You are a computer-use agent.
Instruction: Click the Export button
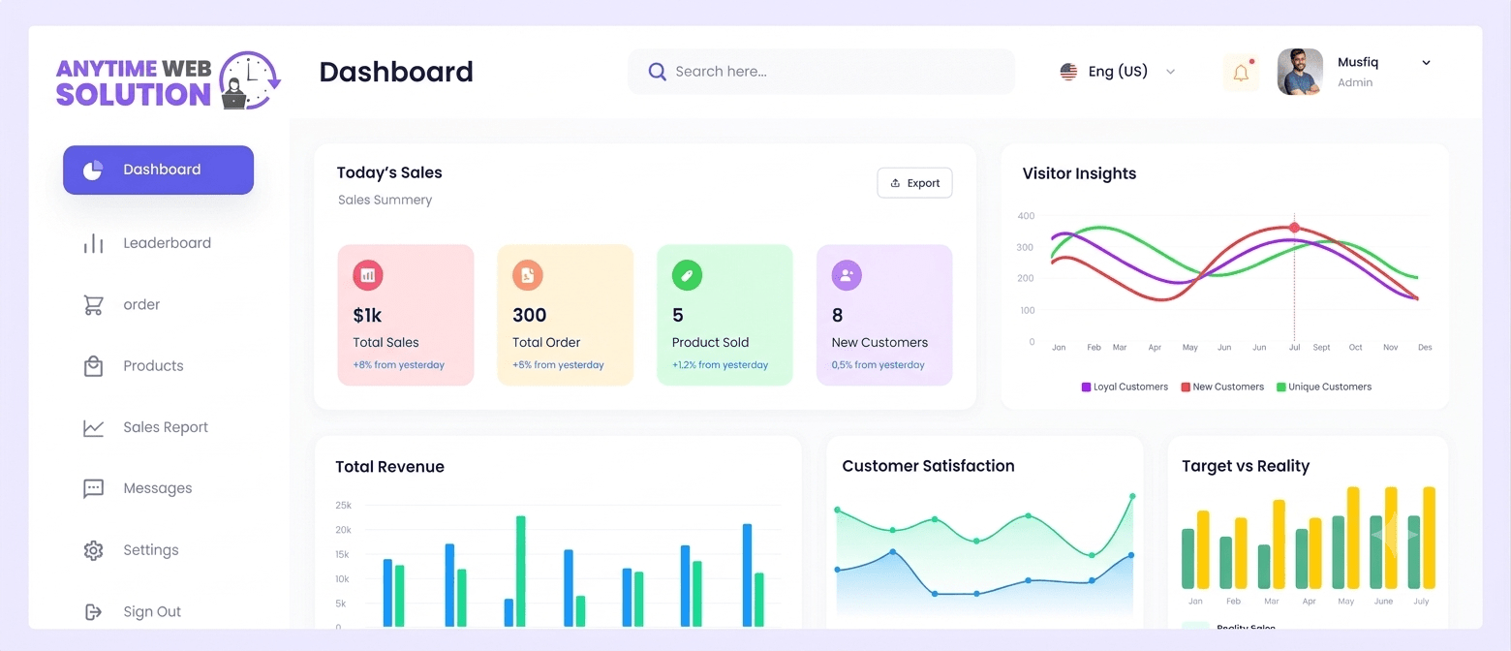914,183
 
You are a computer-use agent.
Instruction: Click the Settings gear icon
93,550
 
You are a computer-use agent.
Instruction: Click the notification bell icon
1241,73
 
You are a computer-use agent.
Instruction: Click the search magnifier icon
657,72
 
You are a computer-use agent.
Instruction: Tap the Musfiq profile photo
1300,72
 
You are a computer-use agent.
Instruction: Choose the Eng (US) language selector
1117,72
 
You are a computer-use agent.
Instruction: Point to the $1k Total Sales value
367,315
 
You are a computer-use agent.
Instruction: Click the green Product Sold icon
687,275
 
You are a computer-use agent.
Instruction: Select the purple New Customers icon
847,275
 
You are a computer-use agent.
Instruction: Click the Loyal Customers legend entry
1125,387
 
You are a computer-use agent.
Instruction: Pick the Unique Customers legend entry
1323,387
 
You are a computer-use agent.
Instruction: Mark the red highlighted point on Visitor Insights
1294,228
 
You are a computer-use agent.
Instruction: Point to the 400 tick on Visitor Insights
1026,216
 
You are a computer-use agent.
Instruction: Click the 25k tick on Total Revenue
343,506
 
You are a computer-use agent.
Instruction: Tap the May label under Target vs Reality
1345,601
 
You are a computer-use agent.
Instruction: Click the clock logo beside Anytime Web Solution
250,80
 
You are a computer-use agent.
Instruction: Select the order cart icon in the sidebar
93,305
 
